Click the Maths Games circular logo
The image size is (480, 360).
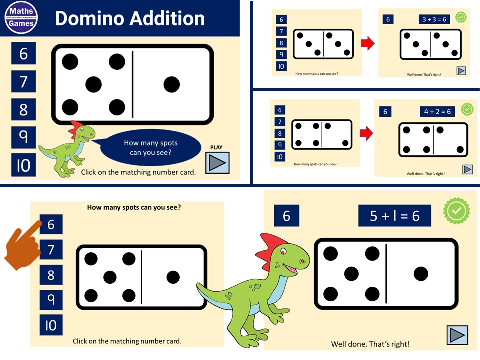point(23,18)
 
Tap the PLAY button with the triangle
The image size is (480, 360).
point(217,163)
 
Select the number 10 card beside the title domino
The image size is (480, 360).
point(23,165)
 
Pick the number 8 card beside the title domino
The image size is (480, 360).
point(23,110)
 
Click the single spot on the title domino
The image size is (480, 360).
point(171,84)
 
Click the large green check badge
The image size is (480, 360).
point(457,211)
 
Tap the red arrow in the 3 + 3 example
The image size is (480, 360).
point(367,43)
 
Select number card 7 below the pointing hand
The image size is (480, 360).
point(51,249)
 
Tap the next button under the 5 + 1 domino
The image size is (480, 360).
point(457,335)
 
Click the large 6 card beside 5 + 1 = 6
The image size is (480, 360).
point(286,216)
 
